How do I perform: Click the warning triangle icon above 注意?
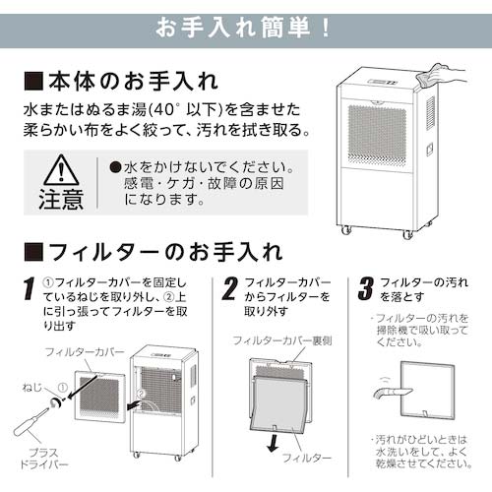point(61,170)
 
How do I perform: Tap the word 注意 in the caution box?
point(61,199)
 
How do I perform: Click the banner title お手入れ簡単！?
point(243,28)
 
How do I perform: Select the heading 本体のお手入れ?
point(121,81)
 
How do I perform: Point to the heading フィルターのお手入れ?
point(154,252)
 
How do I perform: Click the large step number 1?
point(30,288)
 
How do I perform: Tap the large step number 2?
point(229,288)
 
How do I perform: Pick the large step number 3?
point(366,288)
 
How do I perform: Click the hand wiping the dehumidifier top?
point(440,76)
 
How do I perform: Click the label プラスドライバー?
point(43,459)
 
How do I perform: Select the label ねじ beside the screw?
point(32,388)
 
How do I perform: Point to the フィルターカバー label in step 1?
point(85,352)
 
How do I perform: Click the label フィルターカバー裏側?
point(282,340)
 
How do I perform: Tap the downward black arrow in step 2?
point(273,443)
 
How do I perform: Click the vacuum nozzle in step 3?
point(393,392)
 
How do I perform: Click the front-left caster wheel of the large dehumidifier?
point(346,230)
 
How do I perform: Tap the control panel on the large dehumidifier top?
point(383,82)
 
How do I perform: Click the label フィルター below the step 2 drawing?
point(307,458)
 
